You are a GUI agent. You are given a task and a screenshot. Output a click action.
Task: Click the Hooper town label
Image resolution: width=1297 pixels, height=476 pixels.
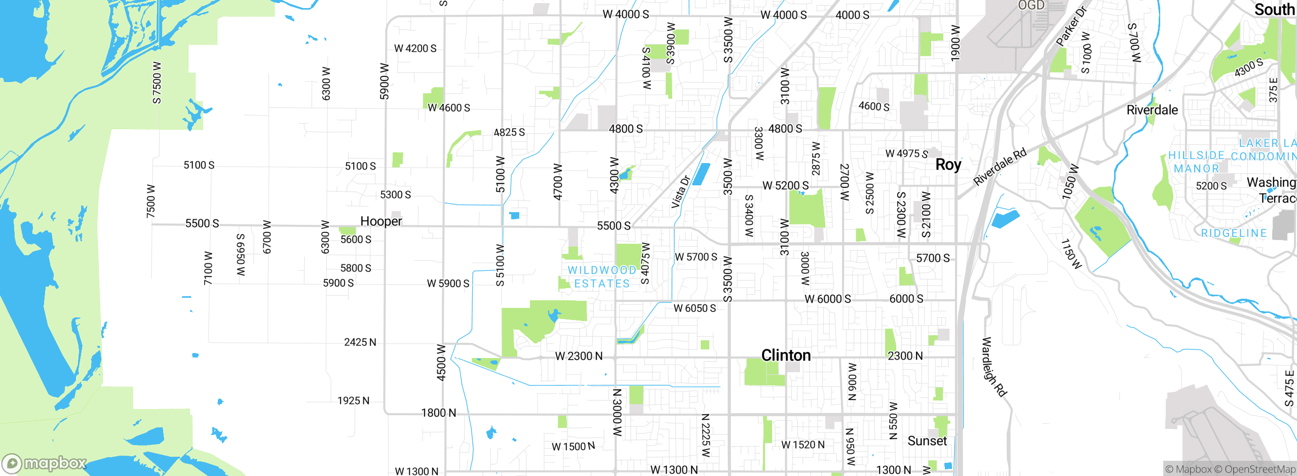coord(381,221)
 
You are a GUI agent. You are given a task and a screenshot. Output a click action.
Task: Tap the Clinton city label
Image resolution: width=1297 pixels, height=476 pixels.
coord(786,355)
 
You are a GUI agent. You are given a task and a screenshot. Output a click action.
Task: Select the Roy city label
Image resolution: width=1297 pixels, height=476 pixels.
coord(948,165)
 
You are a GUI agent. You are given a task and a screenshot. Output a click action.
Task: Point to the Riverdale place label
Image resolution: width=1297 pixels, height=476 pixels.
coord(1152,110)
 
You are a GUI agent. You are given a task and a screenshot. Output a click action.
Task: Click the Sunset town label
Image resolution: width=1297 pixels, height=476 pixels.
coord(927,441)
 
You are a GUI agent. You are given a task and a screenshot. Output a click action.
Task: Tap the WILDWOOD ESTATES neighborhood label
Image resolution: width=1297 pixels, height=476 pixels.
coord(602,277)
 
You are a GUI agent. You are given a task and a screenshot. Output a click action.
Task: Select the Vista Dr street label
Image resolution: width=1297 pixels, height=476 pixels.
coord(680,192)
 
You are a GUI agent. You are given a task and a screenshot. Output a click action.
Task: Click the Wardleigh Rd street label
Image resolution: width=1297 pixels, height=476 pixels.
coord(994,367)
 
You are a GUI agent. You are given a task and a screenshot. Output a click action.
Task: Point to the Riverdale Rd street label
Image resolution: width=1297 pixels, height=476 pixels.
coord(1000,167)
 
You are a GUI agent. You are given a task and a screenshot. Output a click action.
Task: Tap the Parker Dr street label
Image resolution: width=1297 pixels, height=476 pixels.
coord(1072,26)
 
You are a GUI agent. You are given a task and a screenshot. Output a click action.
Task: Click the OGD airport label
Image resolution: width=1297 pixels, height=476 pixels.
coord(1032,6)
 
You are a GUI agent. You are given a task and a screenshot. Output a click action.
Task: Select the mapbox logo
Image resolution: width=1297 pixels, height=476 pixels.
coord(45,463)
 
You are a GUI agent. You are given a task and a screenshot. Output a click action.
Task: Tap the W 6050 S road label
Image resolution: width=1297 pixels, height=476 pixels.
coord(695,308)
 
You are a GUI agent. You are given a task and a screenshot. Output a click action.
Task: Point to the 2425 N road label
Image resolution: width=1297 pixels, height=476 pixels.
coord(360,342)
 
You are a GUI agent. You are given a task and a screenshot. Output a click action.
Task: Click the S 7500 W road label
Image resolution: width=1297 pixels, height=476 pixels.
coord(157,83)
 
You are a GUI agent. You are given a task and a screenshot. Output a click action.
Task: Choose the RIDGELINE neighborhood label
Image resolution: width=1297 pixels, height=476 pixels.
coord(1234,233)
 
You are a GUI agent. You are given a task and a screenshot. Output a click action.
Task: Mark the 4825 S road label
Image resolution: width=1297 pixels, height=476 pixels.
coord(509,132)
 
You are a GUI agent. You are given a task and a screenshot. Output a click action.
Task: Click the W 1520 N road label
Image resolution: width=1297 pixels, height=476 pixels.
coord(803,445)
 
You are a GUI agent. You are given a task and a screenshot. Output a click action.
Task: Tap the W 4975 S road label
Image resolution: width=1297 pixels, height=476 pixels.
coord(906,153)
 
